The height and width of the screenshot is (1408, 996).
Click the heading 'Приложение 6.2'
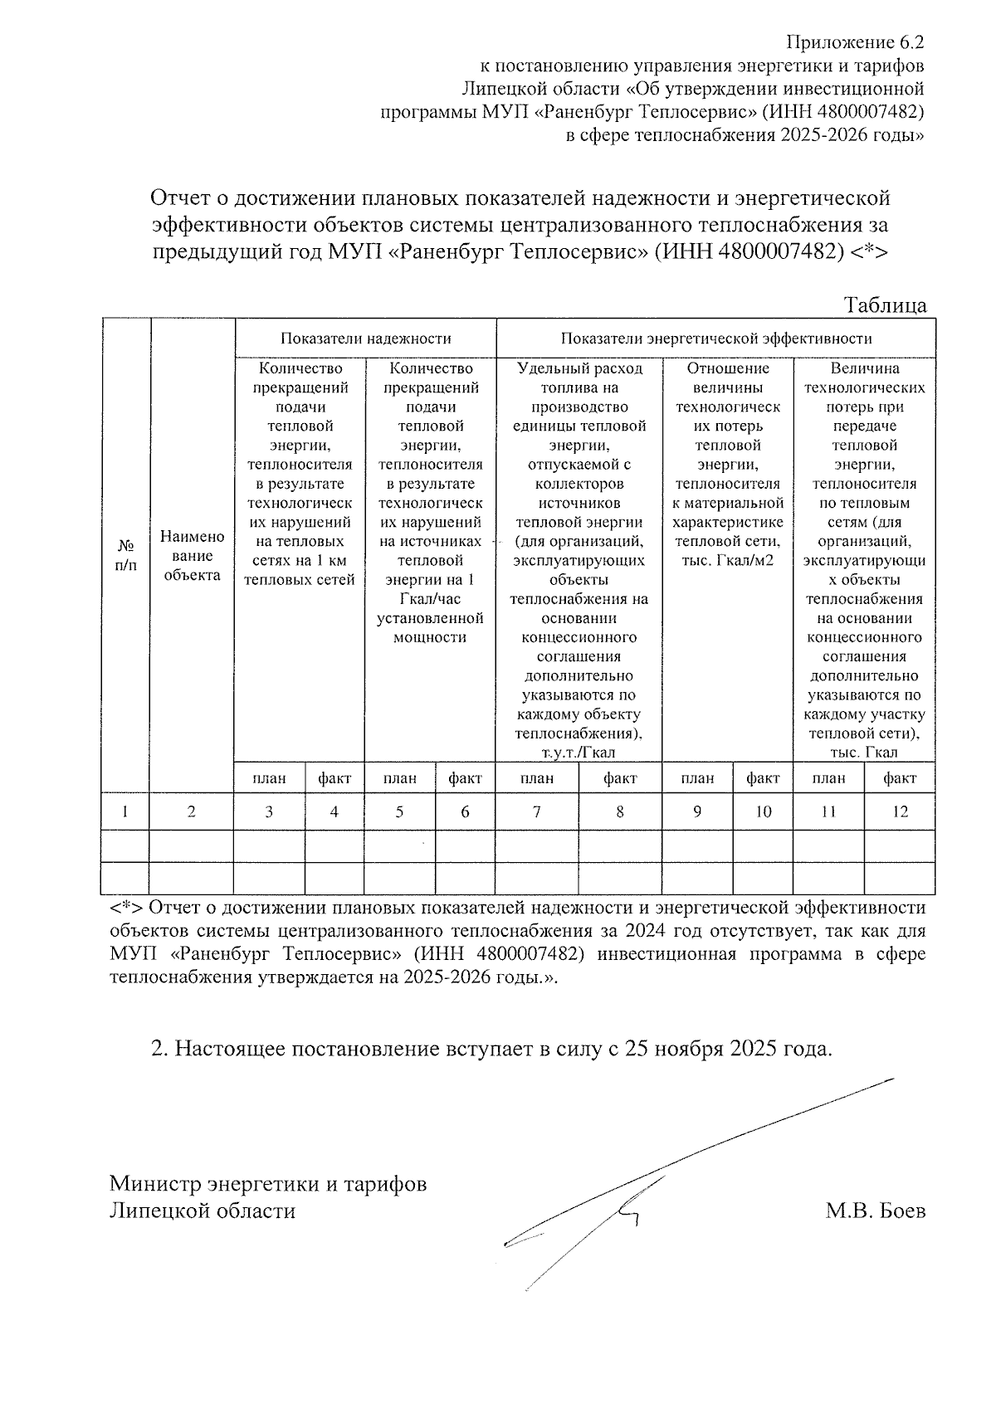[x=855, y=42]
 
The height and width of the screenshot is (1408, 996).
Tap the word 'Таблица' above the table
[x=885, y=305]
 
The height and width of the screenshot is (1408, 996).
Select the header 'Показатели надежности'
[x=365, y=338]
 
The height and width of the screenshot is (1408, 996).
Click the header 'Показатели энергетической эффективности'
[x=715, y=338]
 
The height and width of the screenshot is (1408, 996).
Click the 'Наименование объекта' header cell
[x=192, y=555]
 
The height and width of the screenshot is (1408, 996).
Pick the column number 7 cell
[x=537, y=811]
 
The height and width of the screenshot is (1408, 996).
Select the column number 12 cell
[x=900, y=811]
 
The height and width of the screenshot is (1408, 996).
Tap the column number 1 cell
[x=125, y=811]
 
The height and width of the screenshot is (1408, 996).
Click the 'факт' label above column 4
[x=334, y=777]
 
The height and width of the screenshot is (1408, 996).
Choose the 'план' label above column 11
[x=828, y=777]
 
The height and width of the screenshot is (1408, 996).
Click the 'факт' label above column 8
[x=620, y=777]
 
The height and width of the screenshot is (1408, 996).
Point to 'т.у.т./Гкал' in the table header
[x=579, y=753]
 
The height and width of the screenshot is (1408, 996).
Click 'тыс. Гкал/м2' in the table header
[x=727, y=560]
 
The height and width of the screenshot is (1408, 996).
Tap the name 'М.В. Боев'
[x=876, y=1211]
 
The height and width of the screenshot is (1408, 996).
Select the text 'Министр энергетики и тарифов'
[x=268, y=1183]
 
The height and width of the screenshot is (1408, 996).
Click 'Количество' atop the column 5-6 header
[x=430, y=368]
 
